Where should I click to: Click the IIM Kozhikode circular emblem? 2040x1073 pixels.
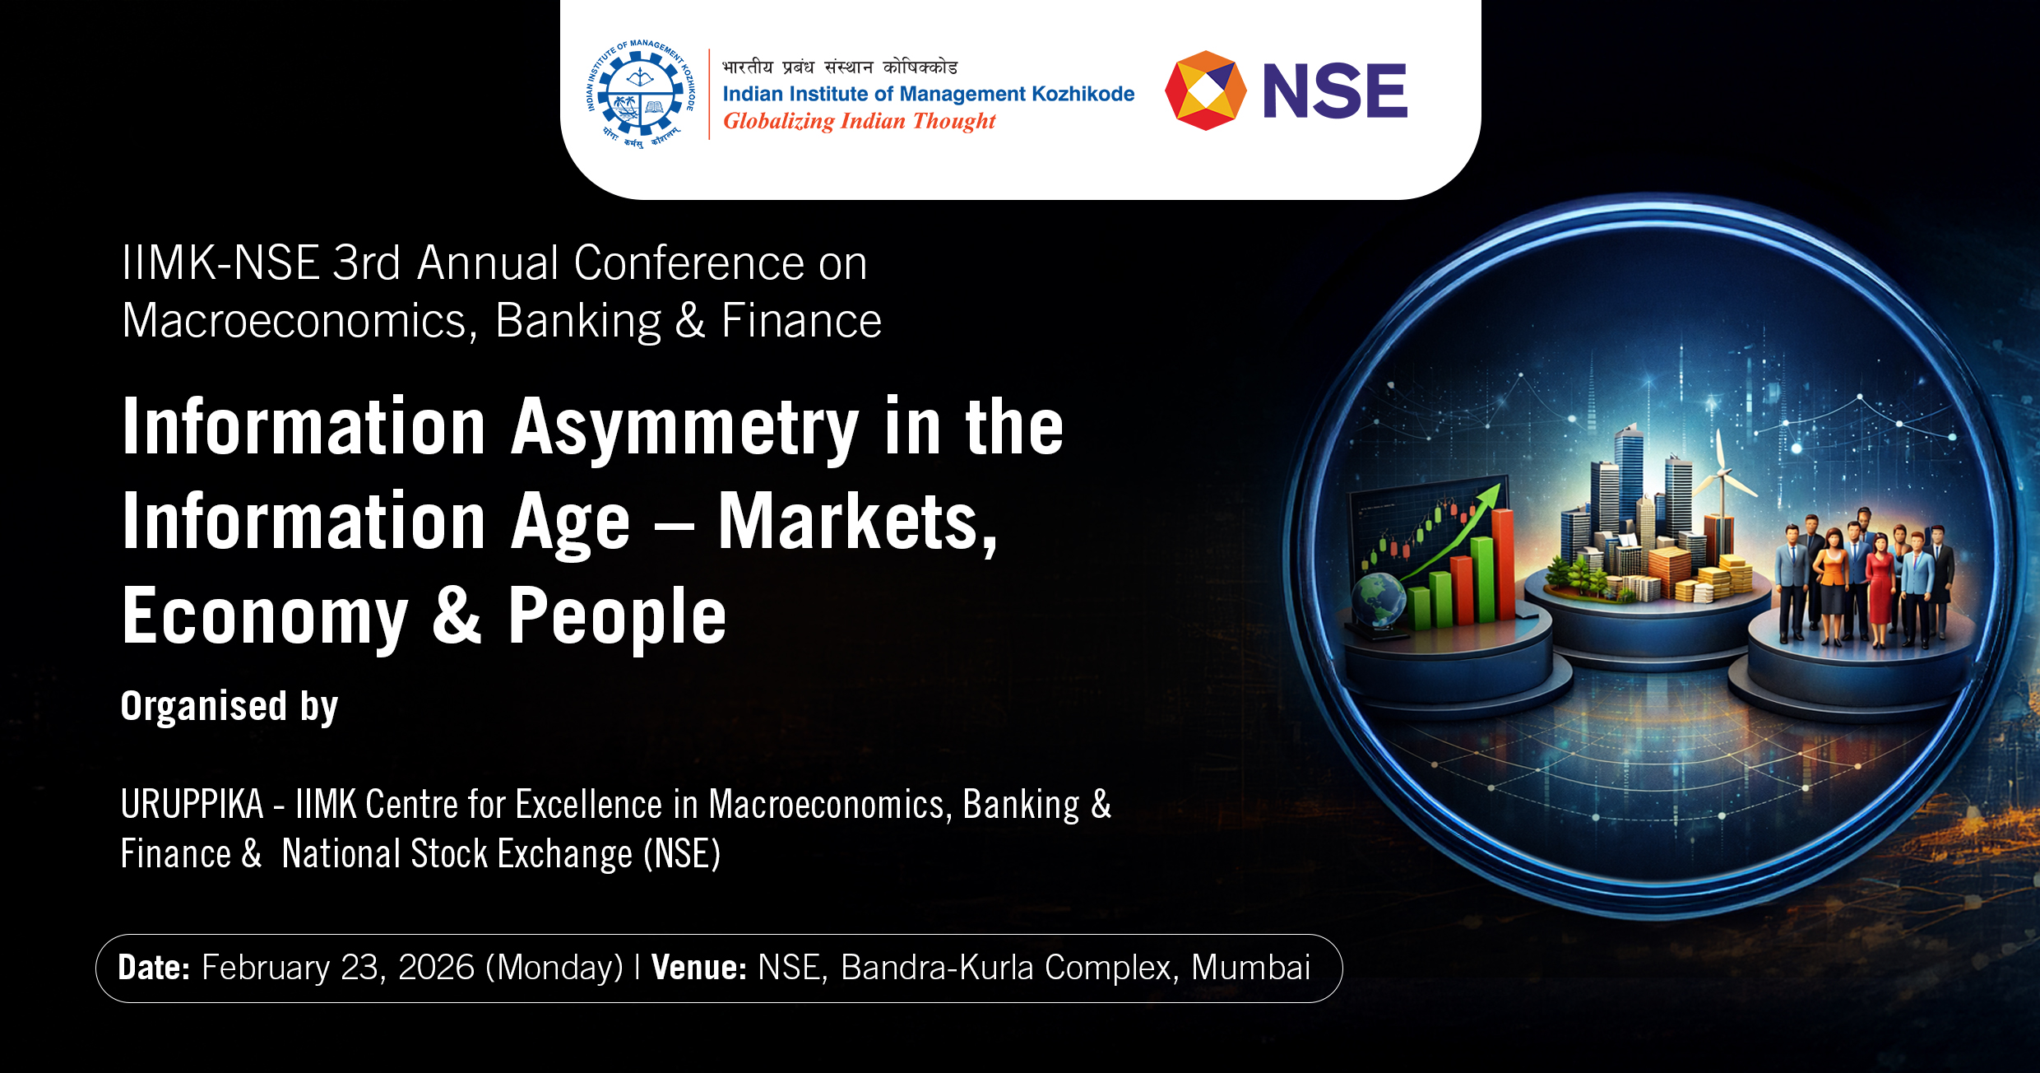point(641,93)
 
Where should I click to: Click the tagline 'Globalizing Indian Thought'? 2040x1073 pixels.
point(859,122)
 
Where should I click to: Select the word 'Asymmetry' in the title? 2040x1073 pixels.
point(685,428)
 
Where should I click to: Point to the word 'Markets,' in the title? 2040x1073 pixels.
point(858,522)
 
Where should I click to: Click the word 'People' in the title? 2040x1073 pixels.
point(617,616)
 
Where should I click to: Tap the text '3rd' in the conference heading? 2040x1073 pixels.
point(367,263)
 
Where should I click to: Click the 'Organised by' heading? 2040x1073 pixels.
point(229,707)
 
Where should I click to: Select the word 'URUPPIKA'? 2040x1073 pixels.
point(192,804)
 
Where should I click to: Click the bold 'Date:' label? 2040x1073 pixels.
point(154,968)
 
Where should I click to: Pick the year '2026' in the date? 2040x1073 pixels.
point(436,968)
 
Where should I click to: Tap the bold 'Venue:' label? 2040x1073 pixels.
point(699,968)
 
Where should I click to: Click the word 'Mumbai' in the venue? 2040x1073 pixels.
point(1250,968)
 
